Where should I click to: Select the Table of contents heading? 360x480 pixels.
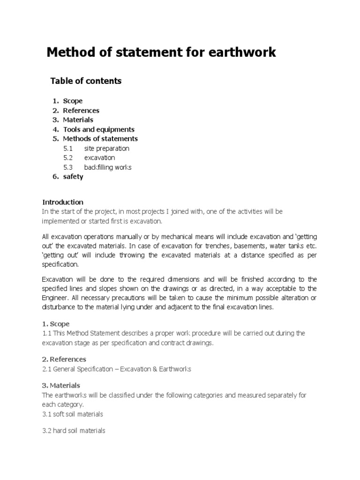[x=86, y=81]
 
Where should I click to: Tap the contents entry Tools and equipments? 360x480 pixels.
[x=98, y=129]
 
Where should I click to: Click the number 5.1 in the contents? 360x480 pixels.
[x=68, y=149]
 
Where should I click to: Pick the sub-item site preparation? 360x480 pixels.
[x=106, y=149]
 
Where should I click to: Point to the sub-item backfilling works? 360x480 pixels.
[x=108, y=167]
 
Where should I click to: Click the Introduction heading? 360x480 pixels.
[x=63, y=202]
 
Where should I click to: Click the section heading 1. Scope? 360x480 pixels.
[x=56, y=323]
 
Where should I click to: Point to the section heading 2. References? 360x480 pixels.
[x=64, y=359]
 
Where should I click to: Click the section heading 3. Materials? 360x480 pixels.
[x=61, y=385]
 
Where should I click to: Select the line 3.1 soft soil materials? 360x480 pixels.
[x=73, y=414]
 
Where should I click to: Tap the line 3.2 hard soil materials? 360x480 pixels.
[x=74, y=430]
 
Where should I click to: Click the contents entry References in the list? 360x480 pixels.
[x=81, y=111]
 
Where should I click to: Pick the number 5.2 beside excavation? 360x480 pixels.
[x=68, y=158]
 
